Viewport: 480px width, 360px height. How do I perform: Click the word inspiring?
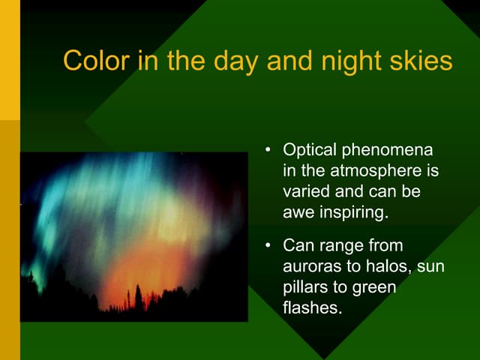click(x=352, y=212)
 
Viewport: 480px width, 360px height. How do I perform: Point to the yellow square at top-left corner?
click(x=10, y=60)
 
